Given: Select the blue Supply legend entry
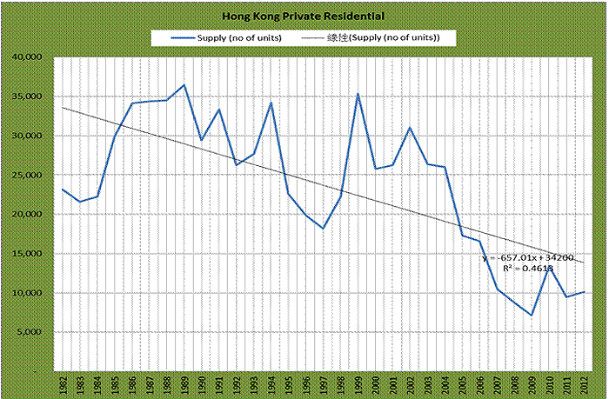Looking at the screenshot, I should pyautogui.click(x=226, y=38).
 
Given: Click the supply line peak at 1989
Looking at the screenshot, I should pyautogui.click(x=184, y=85).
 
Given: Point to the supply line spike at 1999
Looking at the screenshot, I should pyautogui.click(x=358, y=94).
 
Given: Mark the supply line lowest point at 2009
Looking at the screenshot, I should pyautogui.click(x=531, y=315).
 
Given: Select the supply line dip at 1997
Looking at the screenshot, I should pyautogui.click(x=323, y=229).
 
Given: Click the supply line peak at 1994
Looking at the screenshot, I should pyautogui.click(x=271, y=103).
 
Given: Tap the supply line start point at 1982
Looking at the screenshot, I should pyautogui.click(x=63, y=190).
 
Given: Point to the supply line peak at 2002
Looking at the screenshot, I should pyautogui.click(x=409, y=128).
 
